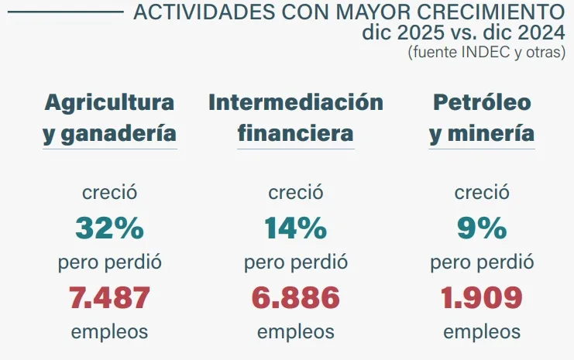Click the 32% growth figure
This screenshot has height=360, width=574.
coord(109,228)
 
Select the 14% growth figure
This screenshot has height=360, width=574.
coord(295,228)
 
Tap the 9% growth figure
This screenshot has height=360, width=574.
coord(482,228)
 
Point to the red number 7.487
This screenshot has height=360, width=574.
coord(109,297)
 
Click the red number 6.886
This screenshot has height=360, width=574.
coord(295,297)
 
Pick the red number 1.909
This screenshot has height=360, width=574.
coord(482,297)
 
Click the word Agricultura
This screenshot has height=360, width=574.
coord(109,102)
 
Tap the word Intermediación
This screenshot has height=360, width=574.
coord(295,102)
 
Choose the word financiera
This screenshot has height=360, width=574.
coord(295,133)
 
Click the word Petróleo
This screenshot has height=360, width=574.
coord(482,102)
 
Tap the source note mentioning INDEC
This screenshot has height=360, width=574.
coord(487,53)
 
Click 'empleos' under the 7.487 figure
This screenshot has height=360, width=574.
coord(109,331)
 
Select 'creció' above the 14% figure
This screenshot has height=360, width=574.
coord(295,192)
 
